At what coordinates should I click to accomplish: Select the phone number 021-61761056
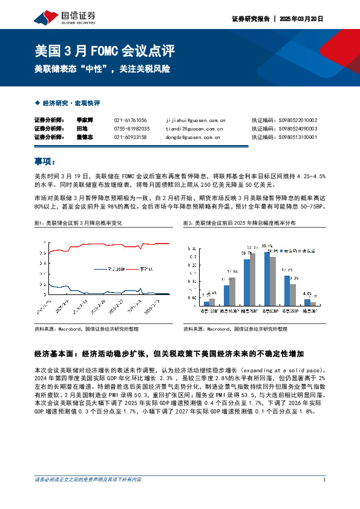(130, 120)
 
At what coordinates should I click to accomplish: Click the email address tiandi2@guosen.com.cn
(194, 129)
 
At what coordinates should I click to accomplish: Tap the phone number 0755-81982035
(132, 129)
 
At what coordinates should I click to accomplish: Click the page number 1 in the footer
(325, 479)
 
